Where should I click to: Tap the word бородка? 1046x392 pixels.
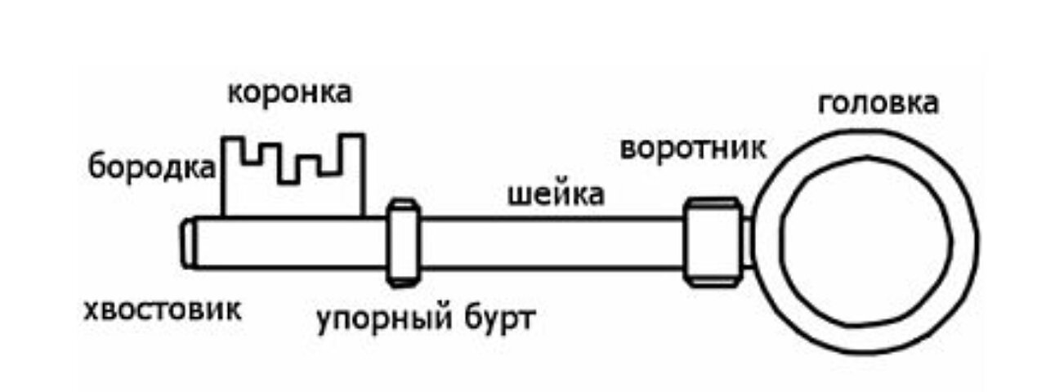(x=153, y=167)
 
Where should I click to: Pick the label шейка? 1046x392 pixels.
(x=556, y=196)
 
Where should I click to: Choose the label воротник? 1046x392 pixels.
(x=693, y=149)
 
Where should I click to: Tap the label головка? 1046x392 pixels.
(x=878, y=105)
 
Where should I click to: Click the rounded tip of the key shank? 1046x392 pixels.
(x=188, y=243)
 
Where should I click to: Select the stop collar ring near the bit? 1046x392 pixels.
(x=403, y=243)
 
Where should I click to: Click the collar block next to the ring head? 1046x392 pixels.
(x=713, y=243)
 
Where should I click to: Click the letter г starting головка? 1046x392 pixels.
(x=825, y=106)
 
